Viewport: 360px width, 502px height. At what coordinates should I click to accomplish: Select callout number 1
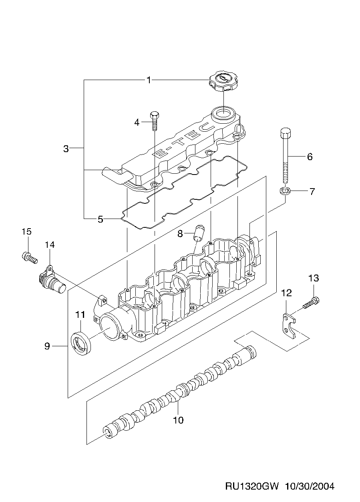(149, 80)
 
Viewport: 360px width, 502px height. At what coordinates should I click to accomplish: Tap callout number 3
(66, 149)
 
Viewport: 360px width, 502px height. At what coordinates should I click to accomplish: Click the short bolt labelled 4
(155, 120)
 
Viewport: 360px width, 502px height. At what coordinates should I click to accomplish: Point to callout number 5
(100, 219)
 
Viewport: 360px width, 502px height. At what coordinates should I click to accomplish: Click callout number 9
(47, 346)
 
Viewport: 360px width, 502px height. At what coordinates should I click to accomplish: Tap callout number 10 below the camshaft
(178, 420)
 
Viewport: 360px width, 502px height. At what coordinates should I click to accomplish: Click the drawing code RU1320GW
(252, 486)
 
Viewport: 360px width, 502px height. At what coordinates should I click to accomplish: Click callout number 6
(310, 157)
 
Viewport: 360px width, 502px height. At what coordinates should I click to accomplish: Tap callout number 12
(286, 293)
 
